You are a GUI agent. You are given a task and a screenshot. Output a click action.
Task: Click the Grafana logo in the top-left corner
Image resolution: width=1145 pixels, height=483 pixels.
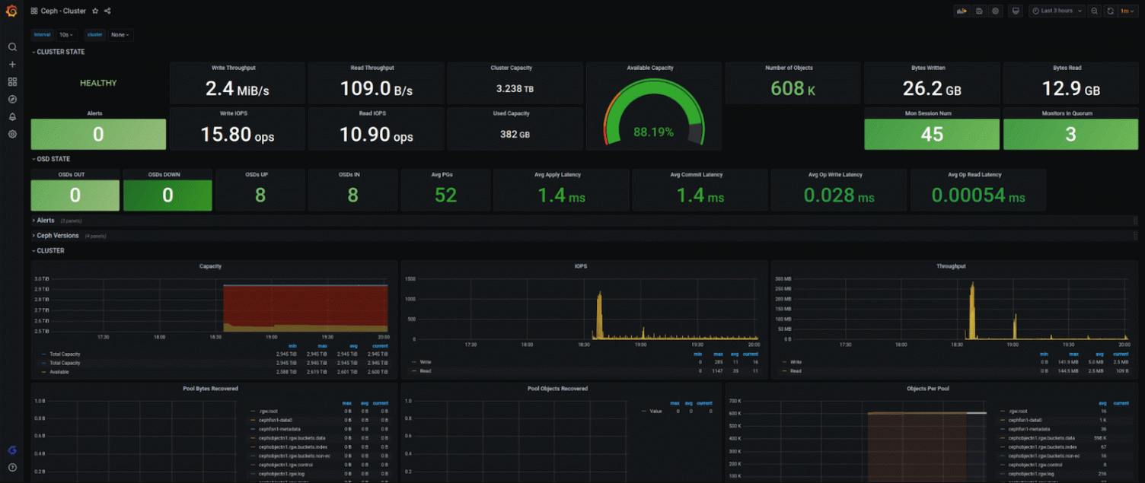(x=11, y=11)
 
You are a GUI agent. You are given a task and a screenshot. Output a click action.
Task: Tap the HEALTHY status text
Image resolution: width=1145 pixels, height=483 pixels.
(x=98, y=83)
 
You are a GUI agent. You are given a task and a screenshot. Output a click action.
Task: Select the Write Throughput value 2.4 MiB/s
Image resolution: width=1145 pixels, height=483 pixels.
(x=237, y=89)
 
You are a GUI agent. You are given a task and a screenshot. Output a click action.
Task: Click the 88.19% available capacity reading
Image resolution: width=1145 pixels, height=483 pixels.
(x=653, y=132)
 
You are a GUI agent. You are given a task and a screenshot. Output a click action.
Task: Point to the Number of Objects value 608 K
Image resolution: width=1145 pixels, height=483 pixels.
(x=793, y=89)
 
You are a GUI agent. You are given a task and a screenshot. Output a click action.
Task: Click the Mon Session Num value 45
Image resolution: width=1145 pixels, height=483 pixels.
(x=932, y=135)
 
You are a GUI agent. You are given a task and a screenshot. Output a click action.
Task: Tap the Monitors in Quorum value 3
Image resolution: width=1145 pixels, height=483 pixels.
(x=1070, y=135)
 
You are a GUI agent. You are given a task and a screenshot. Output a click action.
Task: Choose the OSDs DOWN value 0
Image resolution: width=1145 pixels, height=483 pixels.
(x=167, y=195)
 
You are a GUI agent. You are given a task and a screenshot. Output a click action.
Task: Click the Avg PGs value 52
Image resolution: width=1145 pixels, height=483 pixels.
(x=445, y=195)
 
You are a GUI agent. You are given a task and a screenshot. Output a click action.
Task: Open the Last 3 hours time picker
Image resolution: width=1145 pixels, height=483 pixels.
(x=1057, y=11)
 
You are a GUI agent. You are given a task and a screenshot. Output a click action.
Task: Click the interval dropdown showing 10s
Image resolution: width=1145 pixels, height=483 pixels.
(x=67, y=34)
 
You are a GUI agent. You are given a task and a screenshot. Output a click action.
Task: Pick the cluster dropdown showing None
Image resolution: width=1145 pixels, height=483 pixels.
(x=120, y=34)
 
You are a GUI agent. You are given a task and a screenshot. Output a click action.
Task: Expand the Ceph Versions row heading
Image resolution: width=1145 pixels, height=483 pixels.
(x=58, y=236)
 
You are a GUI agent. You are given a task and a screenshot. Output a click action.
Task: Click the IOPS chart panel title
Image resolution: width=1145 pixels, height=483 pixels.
(x=580, y=266)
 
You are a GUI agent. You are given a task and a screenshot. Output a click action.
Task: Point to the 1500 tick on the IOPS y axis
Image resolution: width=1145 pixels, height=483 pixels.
(x=410, y=279)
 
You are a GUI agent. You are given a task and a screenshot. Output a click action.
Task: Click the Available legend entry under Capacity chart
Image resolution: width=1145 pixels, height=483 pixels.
(x=59, y=372)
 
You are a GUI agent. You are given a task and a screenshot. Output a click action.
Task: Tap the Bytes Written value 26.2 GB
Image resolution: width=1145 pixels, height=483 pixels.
(x=932, y=89)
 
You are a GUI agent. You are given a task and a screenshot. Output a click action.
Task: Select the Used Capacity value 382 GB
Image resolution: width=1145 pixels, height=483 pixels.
(x=515, y=135)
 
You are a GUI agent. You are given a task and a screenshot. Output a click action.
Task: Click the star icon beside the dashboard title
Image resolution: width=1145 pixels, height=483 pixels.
(x=95, y=11)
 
